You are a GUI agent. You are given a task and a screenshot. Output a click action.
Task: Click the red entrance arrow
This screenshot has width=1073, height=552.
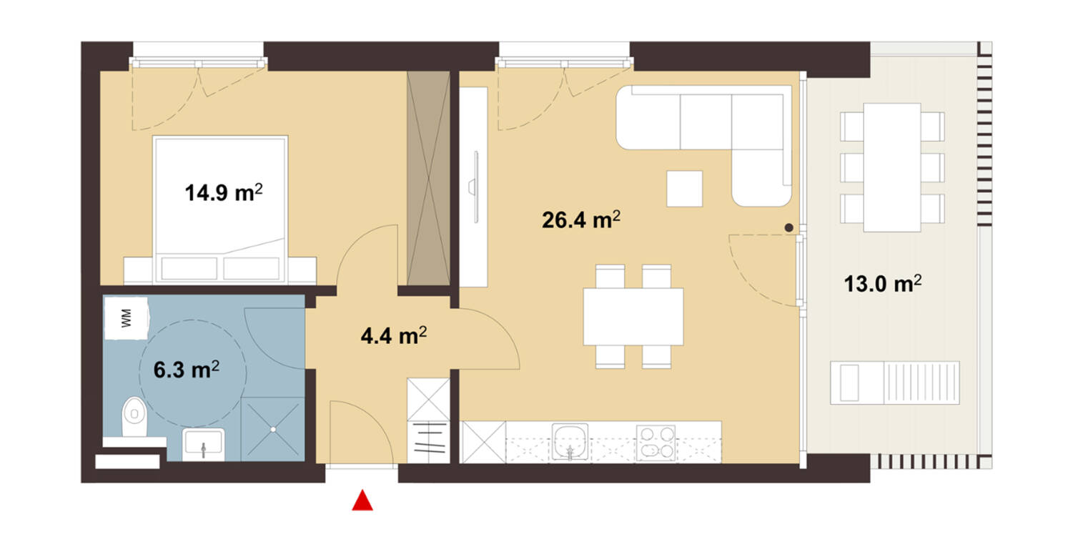click(x=362, y=501)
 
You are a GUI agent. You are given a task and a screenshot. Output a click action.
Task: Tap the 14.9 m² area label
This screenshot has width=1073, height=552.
click(x=224, y=192)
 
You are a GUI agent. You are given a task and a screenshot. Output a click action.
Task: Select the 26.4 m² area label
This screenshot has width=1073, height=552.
click(x=581, y=220)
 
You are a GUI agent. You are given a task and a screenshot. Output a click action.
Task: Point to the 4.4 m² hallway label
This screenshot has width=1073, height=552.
click(x=394, y=335)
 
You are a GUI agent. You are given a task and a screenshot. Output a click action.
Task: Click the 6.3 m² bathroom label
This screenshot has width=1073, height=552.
click(x=187, y=370)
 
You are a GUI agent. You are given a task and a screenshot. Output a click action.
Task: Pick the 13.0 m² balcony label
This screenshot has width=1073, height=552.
click(x=883, y=284)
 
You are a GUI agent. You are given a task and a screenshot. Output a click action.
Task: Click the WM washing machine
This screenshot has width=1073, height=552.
click(x=127, y=318)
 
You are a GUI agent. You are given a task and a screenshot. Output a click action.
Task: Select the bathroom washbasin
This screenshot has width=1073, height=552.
click(x=204, y=444)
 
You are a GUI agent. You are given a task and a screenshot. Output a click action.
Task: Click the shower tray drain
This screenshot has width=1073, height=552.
click(x=273, y=429)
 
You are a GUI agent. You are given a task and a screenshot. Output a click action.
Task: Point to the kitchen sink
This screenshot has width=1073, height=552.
click(x=570, y=442)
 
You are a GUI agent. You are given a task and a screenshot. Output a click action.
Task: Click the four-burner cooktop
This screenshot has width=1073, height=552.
click(x=656, y=443)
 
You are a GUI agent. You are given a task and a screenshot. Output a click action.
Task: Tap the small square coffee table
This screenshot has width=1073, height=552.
click(x=685, y=189)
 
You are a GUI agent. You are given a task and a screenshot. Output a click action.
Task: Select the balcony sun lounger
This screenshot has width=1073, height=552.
click(x=895, y=383)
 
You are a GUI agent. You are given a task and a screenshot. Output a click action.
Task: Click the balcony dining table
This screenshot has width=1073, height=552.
click(x=892, y=167)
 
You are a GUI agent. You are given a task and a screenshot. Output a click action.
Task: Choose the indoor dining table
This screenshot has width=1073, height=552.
click(x=633, y=316)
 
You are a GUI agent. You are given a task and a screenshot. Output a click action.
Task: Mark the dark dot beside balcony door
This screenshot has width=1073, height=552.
click(x=789, y=228)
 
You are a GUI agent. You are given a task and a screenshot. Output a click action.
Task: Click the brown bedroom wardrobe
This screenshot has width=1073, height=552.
click(x=428, y=178)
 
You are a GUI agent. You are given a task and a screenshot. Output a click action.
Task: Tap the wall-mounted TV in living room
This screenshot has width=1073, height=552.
click(x=475, y=187)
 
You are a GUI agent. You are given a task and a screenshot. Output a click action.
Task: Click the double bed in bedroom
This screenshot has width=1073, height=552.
click(x=220, y=210)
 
